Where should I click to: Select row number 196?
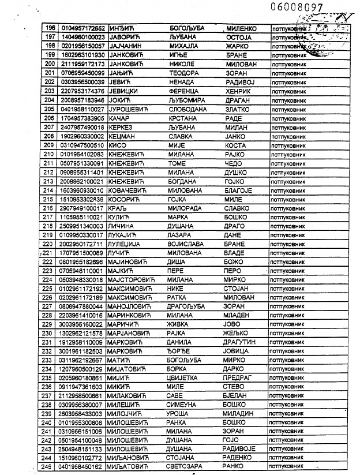[x=50, y=28]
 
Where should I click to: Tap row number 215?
[x=49, y=199]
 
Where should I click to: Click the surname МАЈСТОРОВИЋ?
[x=130, y=280]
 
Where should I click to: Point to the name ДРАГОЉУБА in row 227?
[x=186, y=306]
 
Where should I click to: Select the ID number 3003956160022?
[x=81, y=324]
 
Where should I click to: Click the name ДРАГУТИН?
[x=239, y=342]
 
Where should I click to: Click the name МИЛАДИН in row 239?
[x=238, y=414]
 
